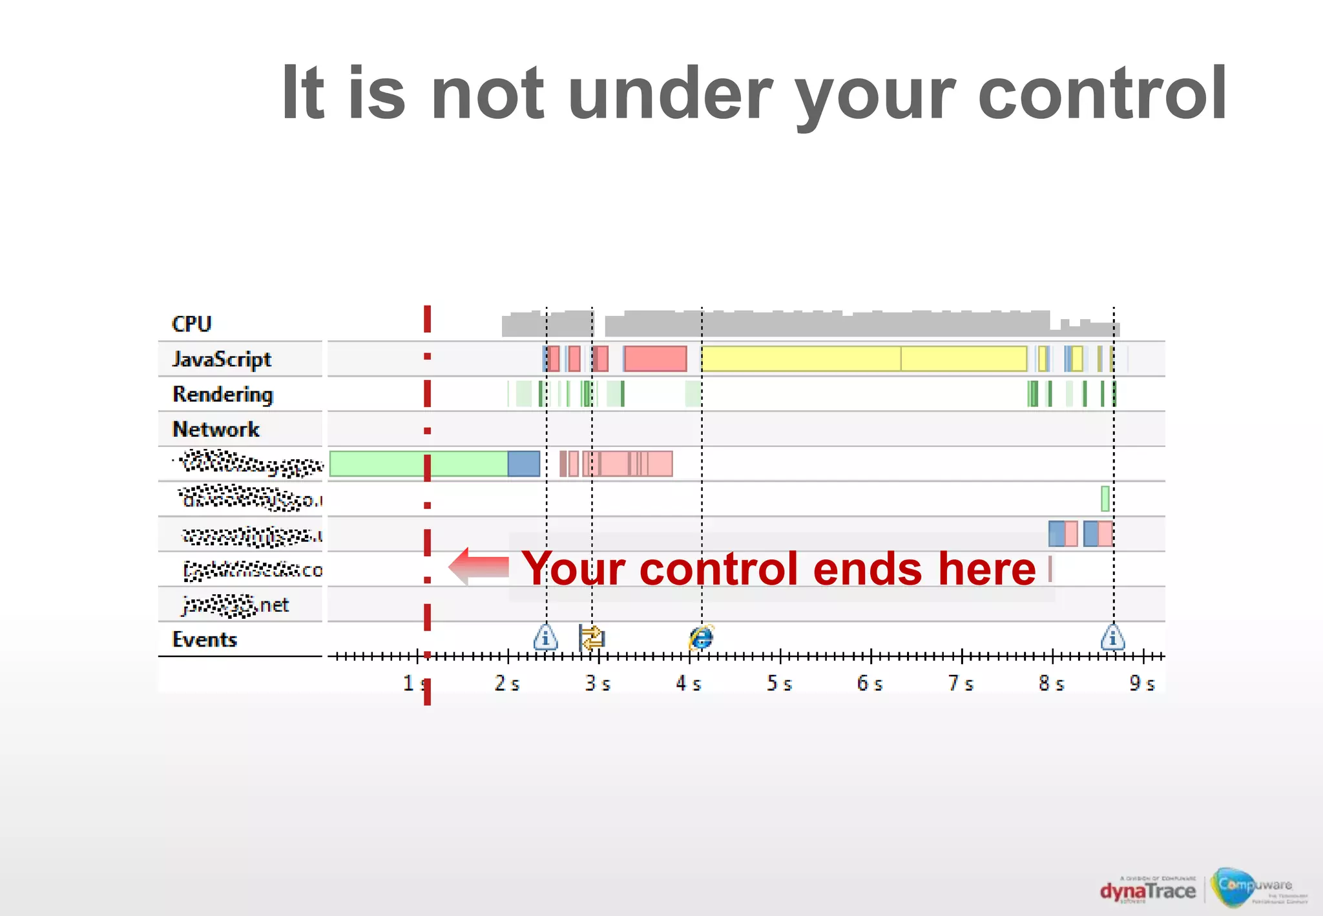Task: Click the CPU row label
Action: (x=191, y=324)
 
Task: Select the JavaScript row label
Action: (x=222, y=359)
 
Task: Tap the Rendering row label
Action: (x=223, y=394)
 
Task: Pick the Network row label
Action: (x=216, y=430)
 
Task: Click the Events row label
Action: (x=204, y=640)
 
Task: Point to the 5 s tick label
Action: (x=779, y=683)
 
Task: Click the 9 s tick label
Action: (x=1141, y=683)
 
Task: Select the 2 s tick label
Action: (x=506, y=683)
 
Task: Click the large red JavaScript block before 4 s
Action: (x=655, y=359)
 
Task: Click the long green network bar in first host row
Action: (x=418, y=464)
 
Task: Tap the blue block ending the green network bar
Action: (x=523, y=464)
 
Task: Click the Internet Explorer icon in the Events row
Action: (x=701, y=638)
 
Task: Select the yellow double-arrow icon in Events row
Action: (x=592, y=638)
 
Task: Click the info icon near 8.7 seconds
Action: (x=1112, y=638)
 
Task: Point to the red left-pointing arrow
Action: (x=479, y=567)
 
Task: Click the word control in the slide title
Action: (x=1102, y=94)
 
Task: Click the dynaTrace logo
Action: (x=1147, y=891)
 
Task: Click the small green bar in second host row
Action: (x=1105, y=499)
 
